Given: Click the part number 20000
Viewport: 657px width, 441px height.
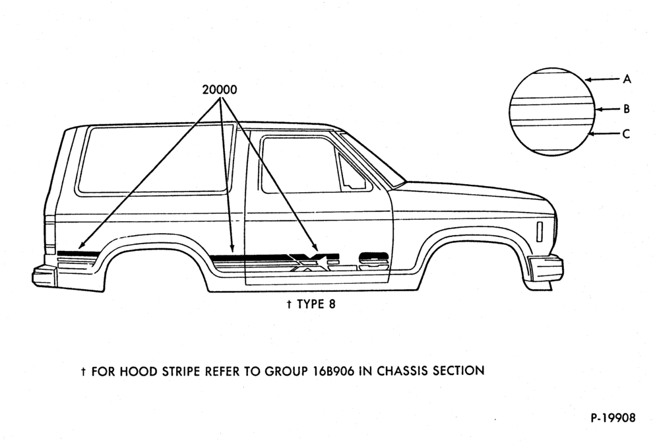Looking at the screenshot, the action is click(220, 90).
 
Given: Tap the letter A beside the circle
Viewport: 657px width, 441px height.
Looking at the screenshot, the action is click(627, 79).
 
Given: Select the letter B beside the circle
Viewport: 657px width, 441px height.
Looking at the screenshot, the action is click(627, 109).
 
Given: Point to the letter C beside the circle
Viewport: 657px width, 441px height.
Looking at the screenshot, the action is click(627, 134).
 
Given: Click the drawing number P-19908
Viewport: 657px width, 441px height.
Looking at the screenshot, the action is click(613, 417).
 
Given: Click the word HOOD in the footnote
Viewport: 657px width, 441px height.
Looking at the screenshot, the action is click(136, 372).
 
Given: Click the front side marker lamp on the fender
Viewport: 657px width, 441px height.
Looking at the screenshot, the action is click(540, 232).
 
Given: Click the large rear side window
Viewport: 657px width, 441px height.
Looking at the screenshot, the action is click(156, 159).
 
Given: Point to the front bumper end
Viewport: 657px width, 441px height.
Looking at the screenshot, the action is click(546, 267).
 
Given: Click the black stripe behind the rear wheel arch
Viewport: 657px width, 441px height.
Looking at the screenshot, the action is click(78, 254).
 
